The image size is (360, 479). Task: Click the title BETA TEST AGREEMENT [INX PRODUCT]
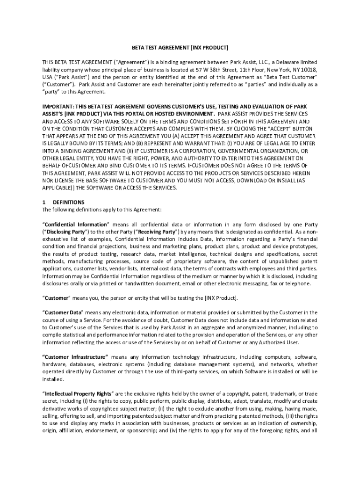pyautogui.click(x=180, y=48)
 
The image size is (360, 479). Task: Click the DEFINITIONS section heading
pyautogui.click(x=69, y=202)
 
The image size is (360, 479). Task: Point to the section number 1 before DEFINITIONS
pyautogui.click(x=44, y=202)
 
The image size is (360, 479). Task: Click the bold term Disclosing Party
pyautogui.click(x=65, y=232)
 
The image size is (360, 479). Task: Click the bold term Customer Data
pyautogui.click(x=63, y=312)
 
